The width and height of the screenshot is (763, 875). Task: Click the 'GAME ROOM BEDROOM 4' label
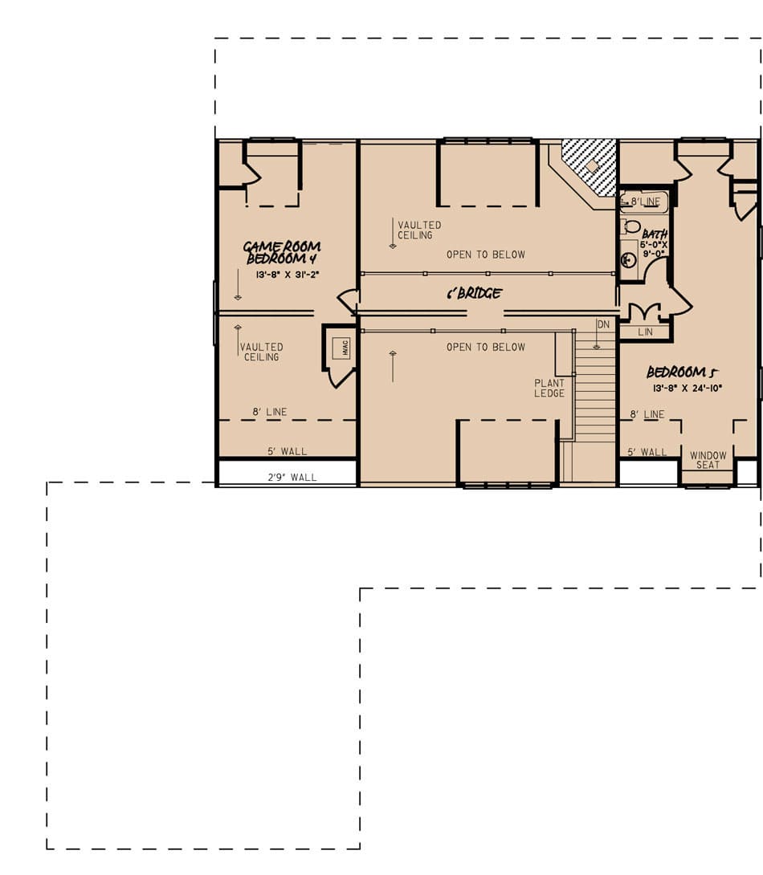point(282,253)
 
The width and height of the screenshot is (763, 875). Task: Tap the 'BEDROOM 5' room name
point(682,372)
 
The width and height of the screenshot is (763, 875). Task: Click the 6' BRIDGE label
point(474,294)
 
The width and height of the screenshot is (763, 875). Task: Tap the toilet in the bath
point(632,226)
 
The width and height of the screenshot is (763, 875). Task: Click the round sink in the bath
point(630,259)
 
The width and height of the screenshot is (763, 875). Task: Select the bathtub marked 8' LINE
point(644,202)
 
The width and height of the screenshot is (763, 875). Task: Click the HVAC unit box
point(340,348)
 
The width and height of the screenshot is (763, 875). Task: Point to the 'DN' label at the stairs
point(603,324)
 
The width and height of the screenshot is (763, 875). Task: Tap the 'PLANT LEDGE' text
point(549,389)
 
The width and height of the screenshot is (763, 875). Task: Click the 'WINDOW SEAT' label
point(708,461)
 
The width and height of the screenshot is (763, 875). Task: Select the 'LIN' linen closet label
point(645,332)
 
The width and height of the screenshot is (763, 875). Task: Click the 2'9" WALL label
point(292,478)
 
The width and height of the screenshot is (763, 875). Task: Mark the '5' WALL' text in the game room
point(288,451)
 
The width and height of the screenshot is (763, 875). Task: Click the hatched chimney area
point(590,165)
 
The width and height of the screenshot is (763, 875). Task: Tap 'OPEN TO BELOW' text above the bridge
point(486,254)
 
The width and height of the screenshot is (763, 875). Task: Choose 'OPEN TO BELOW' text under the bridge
point(486,347)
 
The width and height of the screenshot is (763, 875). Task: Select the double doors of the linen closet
point(644,311)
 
